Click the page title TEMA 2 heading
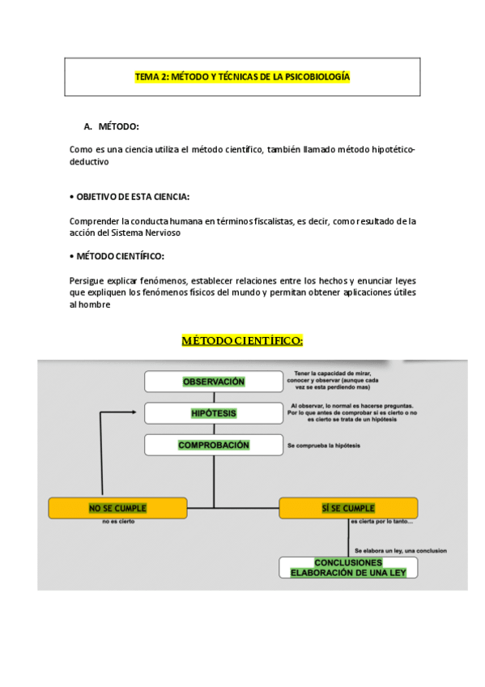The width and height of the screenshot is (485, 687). click(x=242, y=77)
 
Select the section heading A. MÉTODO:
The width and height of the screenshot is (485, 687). click(x=112, y=126)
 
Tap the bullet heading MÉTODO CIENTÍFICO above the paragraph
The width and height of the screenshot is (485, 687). click(x=119, y=256)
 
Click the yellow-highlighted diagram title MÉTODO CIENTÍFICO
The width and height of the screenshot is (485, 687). click(x=242, y=339)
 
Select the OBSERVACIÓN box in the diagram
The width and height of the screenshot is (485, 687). click(x=214, y=382)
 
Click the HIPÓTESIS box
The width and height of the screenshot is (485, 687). click(x=214, y=413)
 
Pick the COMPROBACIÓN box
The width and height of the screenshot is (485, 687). click(x=214, y=445)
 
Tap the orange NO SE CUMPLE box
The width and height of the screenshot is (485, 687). click(x=117, y=508)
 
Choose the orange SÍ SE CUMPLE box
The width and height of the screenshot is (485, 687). click(x=348, y=508)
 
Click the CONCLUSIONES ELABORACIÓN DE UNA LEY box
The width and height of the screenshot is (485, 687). click(x=348, y=567)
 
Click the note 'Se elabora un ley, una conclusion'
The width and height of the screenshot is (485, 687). click(x=400, y=550)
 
